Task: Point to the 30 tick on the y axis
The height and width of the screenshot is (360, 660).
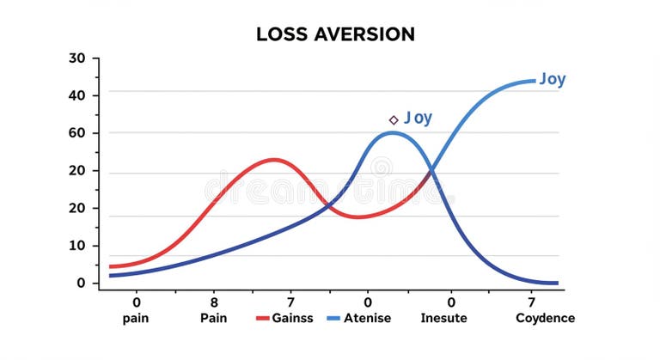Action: [78, 58]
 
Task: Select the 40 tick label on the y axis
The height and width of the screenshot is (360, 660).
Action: [78, 95]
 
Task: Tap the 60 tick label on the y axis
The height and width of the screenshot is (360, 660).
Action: [78, 133]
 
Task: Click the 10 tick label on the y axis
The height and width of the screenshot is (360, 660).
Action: [78, 246]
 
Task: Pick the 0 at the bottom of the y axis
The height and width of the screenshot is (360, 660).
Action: [82, 283]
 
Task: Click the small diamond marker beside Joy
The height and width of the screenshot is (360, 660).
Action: [394, 120]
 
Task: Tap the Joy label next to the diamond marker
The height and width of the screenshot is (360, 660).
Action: [419, 118]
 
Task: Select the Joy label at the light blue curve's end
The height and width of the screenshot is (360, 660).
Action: [553, 80]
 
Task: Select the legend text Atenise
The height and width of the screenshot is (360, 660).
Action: [369, 318]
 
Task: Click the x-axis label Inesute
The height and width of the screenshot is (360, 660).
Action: [443, 318]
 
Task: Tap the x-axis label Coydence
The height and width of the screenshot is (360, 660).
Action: [545, 318]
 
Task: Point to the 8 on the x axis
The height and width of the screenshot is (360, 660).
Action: [214, 302]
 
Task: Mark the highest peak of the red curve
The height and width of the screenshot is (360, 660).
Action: [273, 160]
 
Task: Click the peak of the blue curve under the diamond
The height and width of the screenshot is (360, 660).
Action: [393, 132]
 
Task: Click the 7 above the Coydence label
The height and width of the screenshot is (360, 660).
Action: [531, 302]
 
